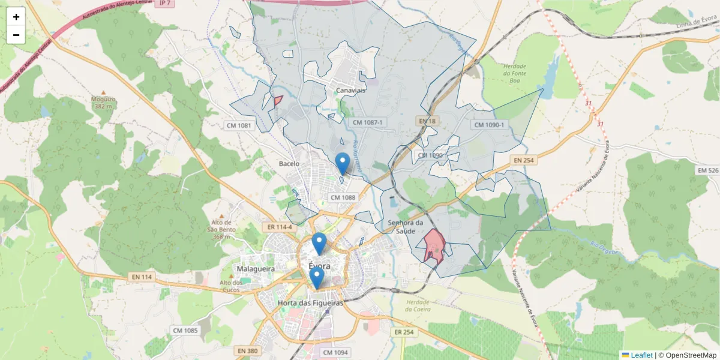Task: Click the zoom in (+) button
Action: (x=16, y=17)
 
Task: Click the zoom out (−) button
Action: (x=16, y=35)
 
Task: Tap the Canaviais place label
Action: (x=351, y=90)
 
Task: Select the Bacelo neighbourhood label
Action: (x=289, y=163)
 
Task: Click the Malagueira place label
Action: (x=256, y=269)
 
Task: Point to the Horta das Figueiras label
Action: (x=310, y=303)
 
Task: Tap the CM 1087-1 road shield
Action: (x=367, y=122)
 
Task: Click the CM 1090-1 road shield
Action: (x=490, y=125)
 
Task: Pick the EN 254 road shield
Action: (x=523, y=160)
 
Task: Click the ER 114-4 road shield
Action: (x=280, y=227)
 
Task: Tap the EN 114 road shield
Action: (x=141, y=277)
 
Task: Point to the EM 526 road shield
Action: (x=708, y=170)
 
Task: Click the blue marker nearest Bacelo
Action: (x=343, y=163)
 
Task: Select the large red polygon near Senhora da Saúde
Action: (x=433, y=246)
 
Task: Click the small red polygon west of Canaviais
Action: (x=278, y=100)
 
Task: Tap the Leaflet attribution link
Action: (x=641, y=355)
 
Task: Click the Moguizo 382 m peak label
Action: (x=103, y=103)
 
